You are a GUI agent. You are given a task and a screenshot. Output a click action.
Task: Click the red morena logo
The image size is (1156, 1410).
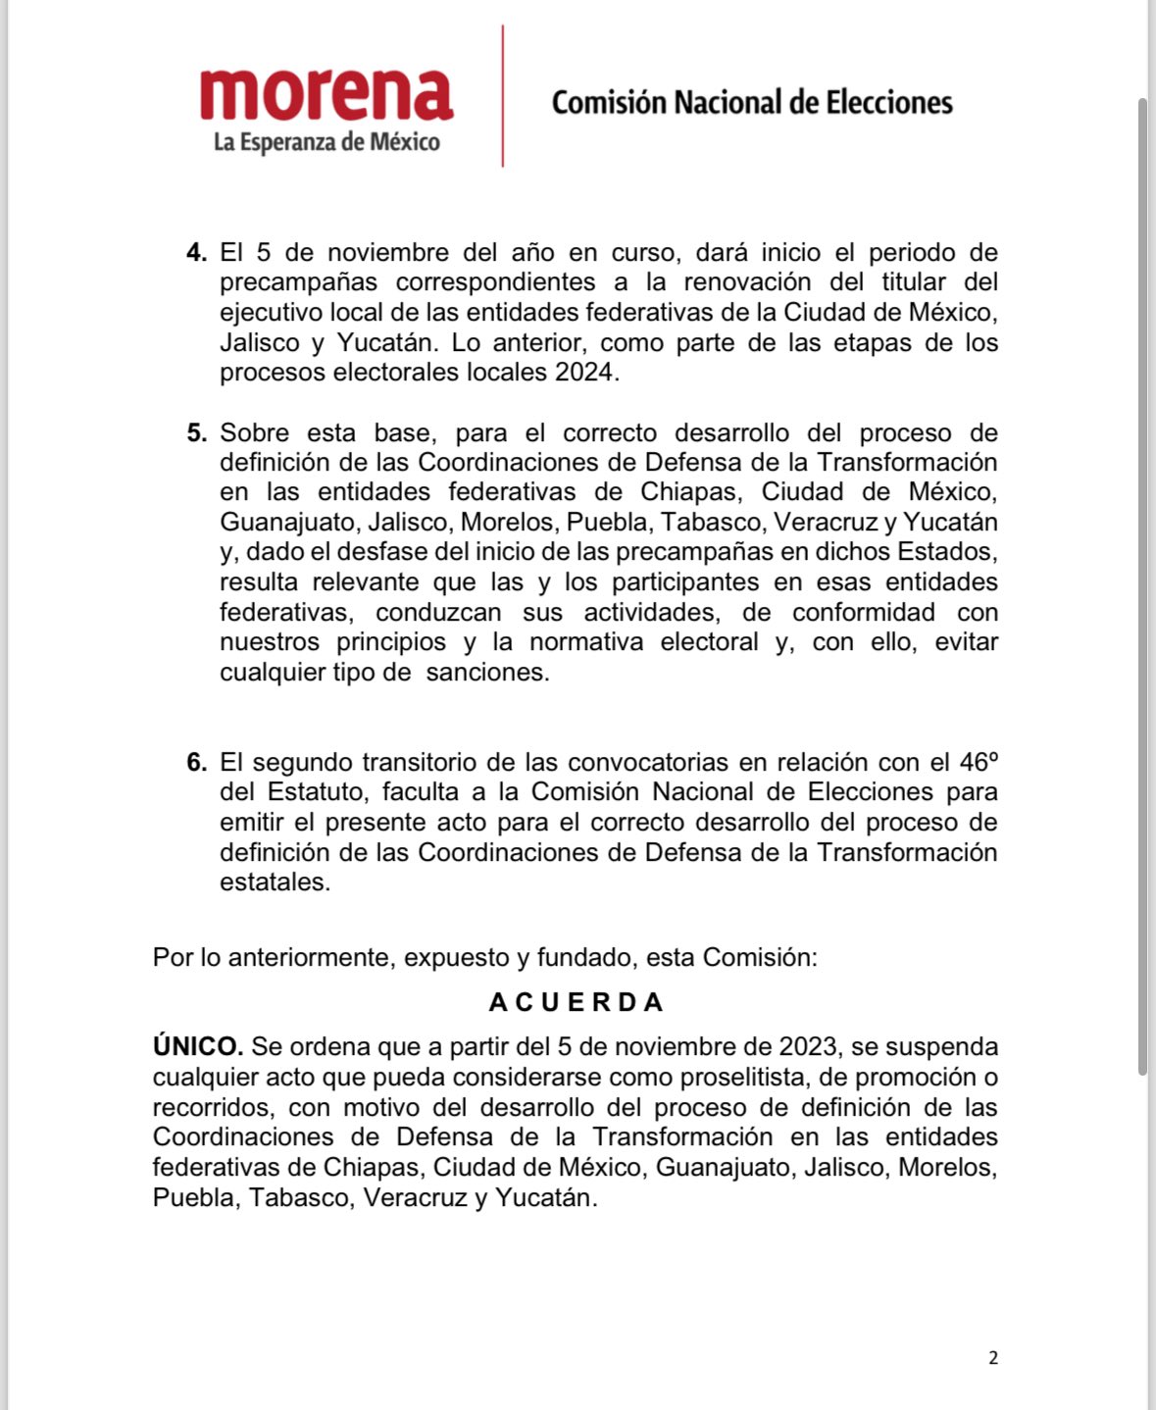(326, 95)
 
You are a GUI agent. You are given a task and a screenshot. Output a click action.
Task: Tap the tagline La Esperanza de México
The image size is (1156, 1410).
(327, 143)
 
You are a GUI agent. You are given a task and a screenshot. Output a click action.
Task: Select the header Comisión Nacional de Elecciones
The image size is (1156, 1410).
(752, 103)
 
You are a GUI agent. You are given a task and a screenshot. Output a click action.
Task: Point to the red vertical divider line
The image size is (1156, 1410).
(503, 96)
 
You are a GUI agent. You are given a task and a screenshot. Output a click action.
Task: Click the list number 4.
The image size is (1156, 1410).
(197, 253)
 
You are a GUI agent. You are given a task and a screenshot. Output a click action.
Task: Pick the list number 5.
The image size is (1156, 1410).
(197, 433)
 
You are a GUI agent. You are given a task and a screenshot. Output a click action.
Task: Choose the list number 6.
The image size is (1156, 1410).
(197, 763)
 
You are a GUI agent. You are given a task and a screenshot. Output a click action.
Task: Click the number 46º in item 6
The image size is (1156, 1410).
(978, 762)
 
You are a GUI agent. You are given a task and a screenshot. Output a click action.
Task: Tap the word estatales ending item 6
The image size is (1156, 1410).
(274, 882)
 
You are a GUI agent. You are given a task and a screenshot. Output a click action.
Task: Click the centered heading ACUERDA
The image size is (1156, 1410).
(577, 1002)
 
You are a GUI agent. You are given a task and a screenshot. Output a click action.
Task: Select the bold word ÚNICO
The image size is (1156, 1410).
(197, 1047)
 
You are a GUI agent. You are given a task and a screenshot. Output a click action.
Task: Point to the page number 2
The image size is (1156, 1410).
(993, 1358)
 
